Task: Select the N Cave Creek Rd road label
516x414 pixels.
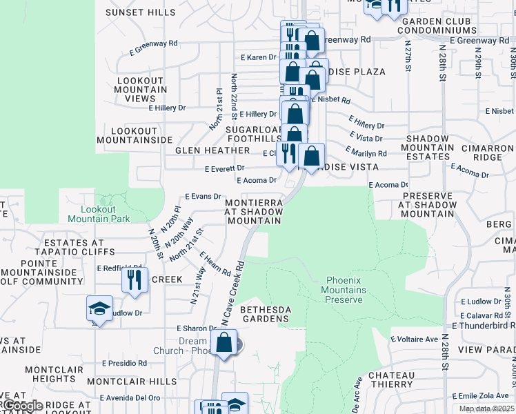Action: (233, 293)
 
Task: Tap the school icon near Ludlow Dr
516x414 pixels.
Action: (99, 308)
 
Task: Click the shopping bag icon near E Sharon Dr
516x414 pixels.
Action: (224, 342)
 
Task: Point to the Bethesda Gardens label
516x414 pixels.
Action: (264, 314)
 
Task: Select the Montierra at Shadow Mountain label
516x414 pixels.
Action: (254, 211)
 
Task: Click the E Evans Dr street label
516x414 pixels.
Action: (201, 197)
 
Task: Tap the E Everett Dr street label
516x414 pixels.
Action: (225, 168)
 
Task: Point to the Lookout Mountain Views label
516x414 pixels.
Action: (141, 90)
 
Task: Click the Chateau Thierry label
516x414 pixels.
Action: (391, 379)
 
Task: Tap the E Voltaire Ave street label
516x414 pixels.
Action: (414, 339)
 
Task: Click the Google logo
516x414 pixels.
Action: (22, 406)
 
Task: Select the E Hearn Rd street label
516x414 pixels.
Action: (215, 264)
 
